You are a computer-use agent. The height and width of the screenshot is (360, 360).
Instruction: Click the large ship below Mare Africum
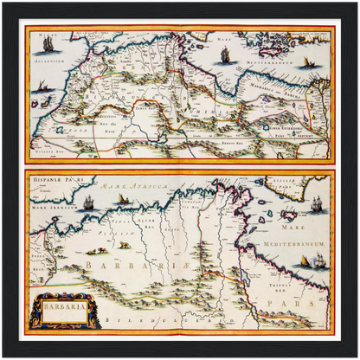click(88, 203)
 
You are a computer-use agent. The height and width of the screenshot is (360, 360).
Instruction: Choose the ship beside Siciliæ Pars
click(317, 205)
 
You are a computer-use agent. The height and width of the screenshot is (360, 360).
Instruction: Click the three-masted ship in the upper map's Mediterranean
click(225, 55)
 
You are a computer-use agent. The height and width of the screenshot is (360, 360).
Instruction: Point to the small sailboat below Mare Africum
click(122, 200)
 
